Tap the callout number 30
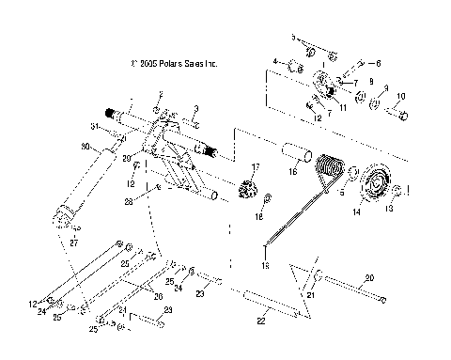coord(86,148)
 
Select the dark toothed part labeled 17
coord(250,180)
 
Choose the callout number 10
coord(402,97)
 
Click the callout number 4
coord(276,62)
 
